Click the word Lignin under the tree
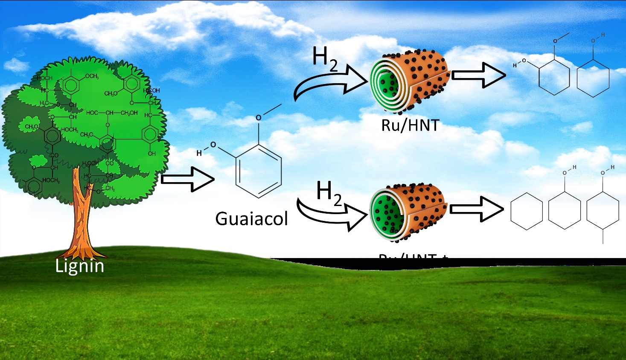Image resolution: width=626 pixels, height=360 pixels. click(80, 266)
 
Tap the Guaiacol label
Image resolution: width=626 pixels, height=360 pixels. click(251, 219)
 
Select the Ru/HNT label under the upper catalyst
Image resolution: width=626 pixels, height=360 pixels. click(410, 125)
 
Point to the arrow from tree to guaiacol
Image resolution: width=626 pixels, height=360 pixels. click(188, 180)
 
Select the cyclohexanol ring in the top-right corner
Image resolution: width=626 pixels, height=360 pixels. click(593, 78)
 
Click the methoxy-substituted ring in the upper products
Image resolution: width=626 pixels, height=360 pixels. click(554, 77)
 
